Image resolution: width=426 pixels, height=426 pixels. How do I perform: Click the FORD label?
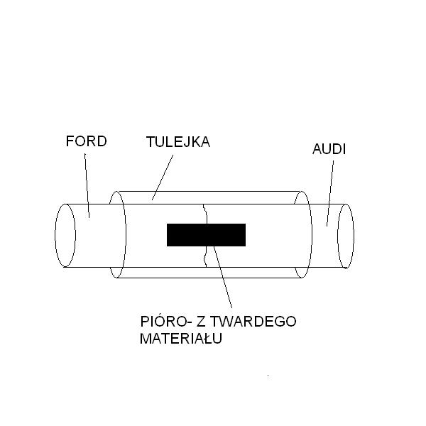click(x=86, y=141)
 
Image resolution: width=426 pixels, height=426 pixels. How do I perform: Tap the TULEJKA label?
click(x=178, y=142)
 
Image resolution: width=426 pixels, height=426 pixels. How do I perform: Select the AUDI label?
click(x=329, y=149)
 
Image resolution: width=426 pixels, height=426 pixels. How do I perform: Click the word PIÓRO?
click(x=163, y=321)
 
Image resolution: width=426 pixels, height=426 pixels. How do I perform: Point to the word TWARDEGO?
click(x=253, y=322)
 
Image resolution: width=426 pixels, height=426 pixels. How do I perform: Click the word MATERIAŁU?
click(x=181, y=338)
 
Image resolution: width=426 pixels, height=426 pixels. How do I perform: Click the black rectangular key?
click(x=206, y=235)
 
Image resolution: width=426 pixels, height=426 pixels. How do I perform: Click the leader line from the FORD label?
click(x=87, y=185)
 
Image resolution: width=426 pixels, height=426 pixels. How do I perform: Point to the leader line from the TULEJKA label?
click(x=163, y=177)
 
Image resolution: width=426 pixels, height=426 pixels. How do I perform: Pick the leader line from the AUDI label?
click(x=330, y=193)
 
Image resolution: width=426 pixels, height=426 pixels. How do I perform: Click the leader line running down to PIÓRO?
click(x=222, y=277)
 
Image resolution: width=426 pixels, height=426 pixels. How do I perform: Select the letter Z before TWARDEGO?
click(x=200, y=322)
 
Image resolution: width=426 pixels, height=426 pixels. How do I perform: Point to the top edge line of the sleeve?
click(x=209, y=191)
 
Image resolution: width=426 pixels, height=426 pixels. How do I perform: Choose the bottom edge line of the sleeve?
click(x=209, y=278)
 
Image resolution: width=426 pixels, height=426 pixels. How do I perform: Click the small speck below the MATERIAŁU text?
click(x=268, y=376)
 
